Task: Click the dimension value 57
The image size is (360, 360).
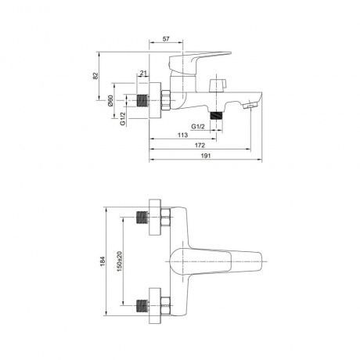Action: click(166, 39)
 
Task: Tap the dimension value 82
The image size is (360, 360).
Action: click(95, 76)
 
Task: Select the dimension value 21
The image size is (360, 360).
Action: click(143, 74)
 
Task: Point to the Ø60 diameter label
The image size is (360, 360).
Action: click(110, 101)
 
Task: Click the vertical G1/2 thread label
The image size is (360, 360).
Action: click(123, 118)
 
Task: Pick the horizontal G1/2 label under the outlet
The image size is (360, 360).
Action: click(198, 127)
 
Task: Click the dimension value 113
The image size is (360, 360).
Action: click(182, 135)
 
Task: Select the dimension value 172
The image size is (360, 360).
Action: click(200, 146)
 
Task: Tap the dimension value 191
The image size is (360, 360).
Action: click(206, 156)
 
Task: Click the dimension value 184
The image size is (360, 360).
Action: click(103, 261)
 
